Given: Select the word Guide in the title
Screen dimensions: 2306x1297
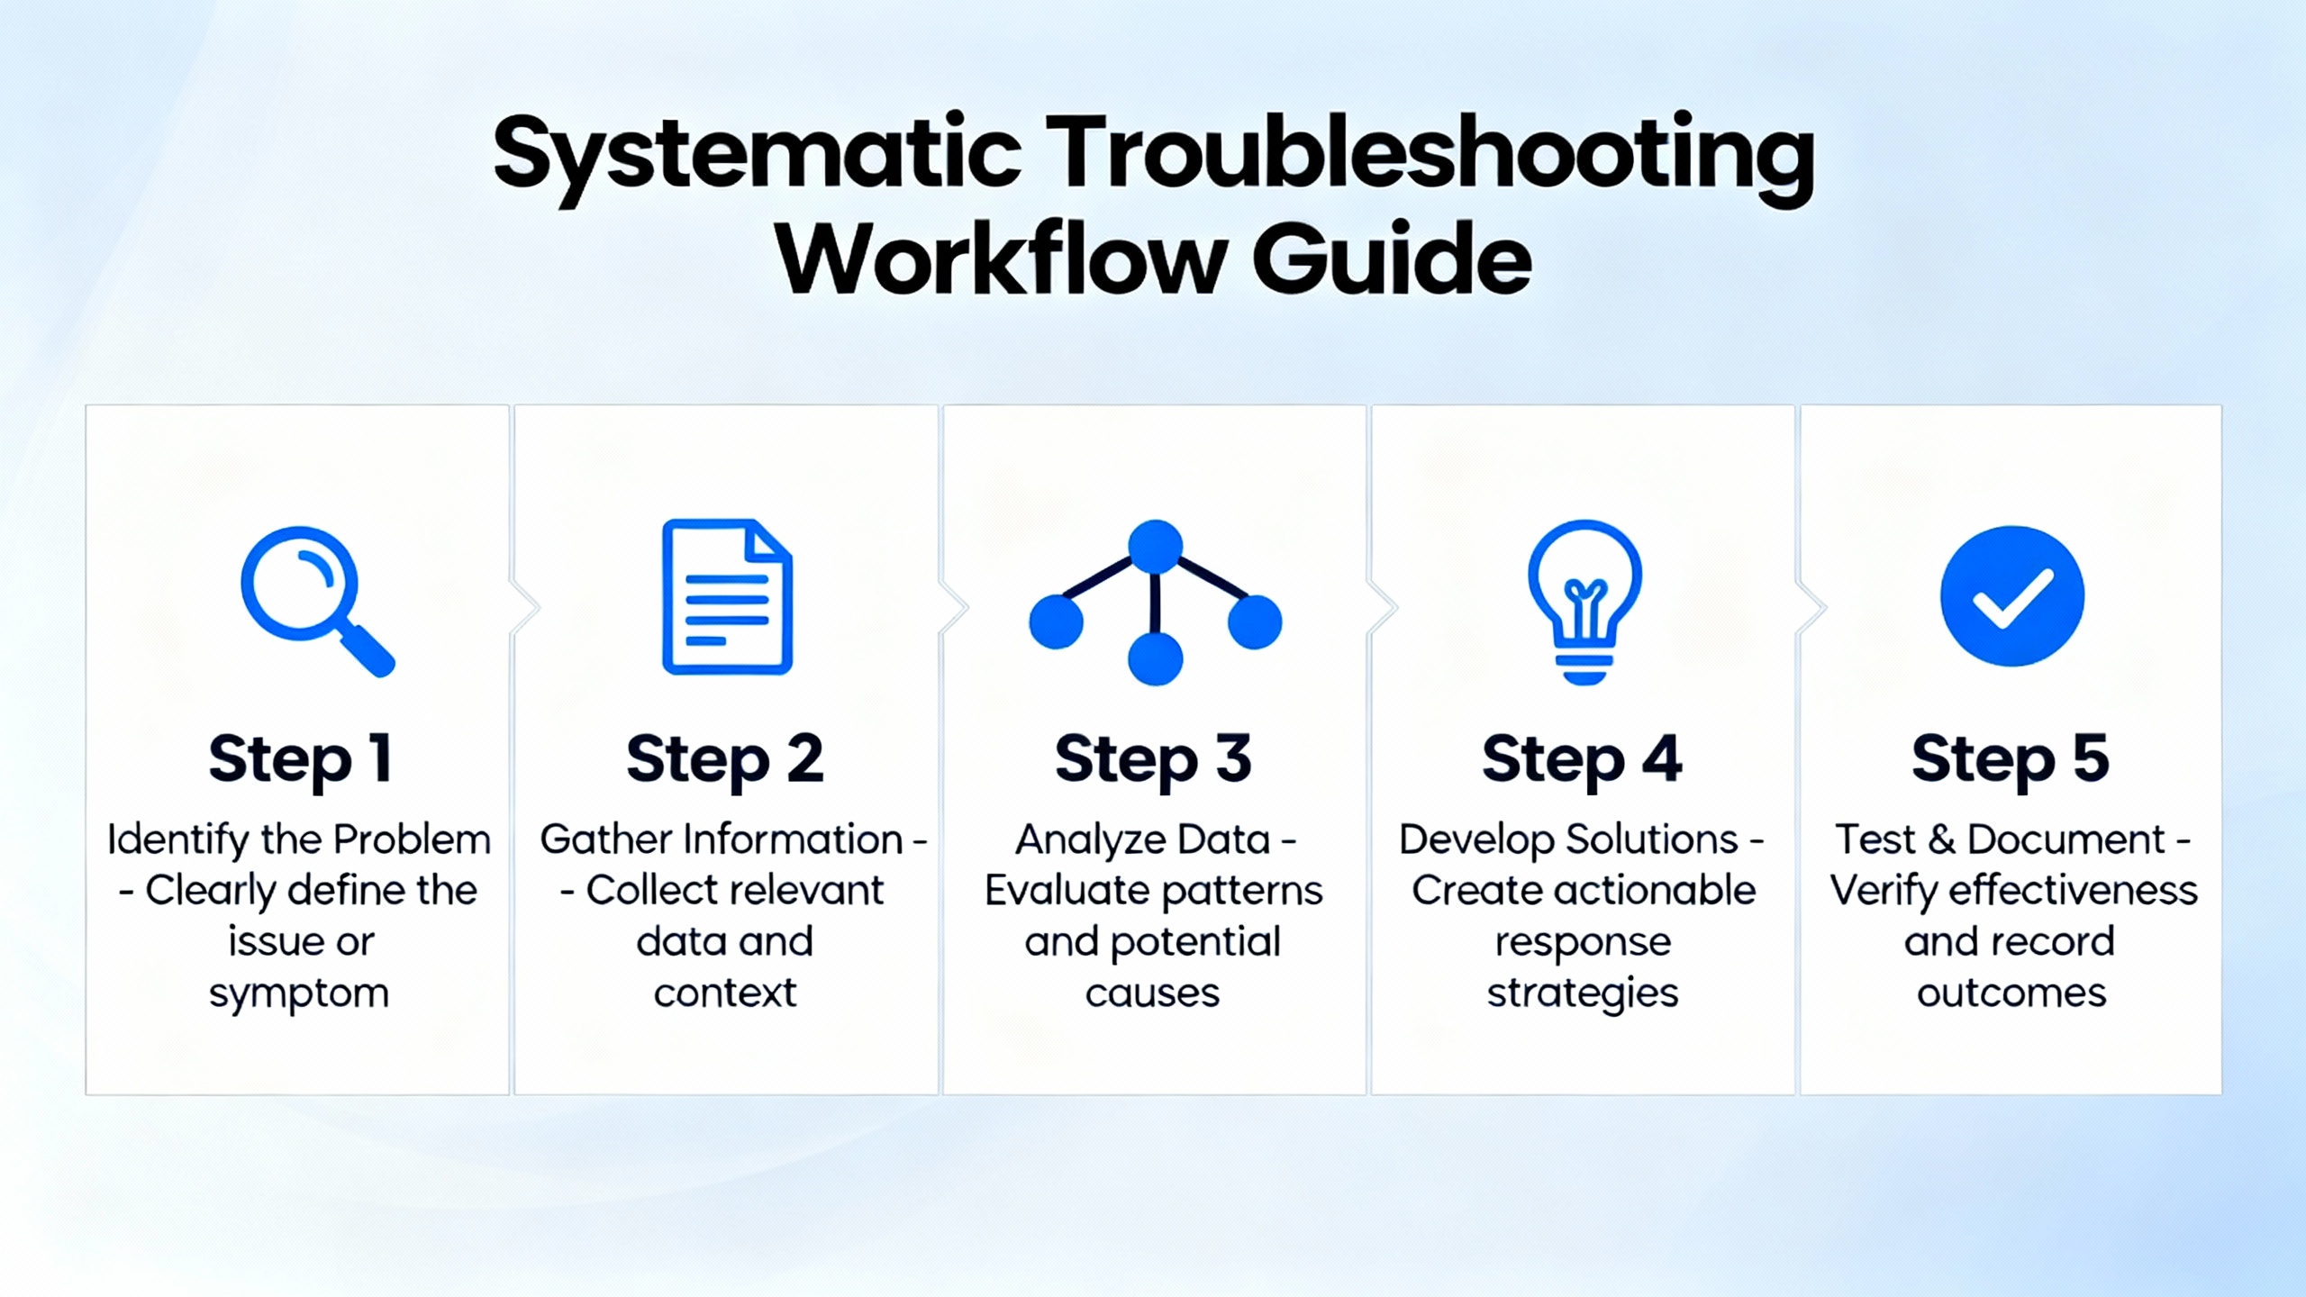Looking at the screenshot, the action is click(1392, 259).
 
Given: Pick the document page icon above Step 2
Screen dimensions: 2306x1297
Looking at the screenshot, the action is click(727, 596).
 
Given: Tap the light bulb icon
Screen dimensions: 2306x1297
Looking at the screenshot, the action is click(1584, 602).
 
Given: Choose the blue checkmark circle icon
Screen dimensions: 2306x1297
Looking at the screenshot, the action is click(2011, 596).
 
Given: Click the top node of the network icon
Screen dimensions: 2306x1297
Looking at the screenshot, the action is click(1155, 546).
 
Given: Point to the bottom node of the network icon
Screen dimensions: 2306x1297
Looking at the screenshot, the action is click(1155, 658).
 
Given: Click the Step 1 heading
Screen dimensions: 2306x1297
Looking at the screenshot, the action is click(300, 759).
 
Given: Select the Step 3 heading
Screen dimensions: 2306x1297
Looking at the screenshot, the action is click(1153, 759).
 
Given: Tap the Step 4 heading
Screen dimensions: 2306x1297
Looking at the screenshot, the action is click(1582, 759).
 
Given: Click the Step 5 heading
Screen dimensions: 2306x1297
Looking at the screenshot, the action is click(2011, 759).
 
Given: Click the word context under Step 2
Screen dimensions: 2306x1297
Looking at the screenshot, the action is click(725, 993).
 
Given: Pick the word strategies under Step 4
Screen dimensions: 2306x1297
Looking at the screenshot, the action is click(1583, 994).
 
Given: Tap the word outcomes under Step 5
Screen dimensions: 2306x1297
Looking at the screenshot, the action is click(2011, 993).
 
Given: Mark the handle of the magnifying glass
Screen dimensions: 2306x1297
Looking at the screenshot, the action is click(367, 650).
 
